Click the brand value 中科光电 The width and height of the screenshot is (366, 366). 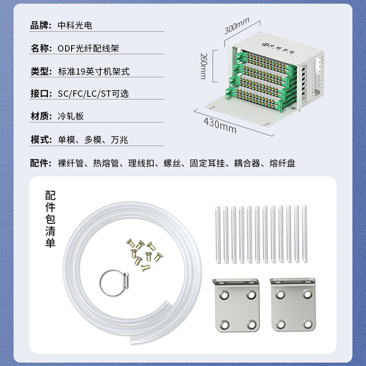click(x=75, y=25)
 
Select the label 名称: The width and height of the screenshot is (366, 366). click(x=41, y=48)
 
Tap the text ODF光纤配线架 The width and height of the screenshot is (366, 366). click(x=88, y=48)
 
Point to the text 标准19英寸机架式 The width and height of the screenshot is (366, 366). click(x=94, y=71)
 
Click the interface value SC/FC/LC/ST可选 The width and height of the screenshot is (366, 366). click(x=93, y=94)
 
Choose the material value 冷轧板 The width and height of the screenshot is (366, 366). click(x=71, y=116)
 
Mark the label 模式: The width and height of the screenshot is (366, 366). click(x=41, y=140)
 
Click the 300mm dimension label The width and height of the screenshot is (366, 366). click(x=237, y=26)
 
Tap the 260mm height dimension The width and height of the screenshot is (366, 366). click(x=204, y=66)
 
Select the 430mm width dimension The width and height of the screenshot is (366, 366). click(x=220, y=125)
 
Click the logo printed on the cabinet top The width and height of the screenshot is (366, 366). click(x=278, y=48)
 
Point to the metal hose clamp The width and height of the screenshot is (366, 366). click(x=115, y=283)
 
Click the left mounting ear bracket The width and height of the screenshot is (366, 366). click(x=236, y=305)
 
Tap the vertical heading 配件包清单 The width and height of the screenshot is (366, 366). click(x=50, y=219)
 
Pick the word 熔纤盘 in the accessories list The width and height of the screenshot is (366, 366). click(x=282, y=163)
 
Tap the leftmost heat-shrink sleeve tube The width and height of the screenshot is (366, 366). click(x=218, y=235)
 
